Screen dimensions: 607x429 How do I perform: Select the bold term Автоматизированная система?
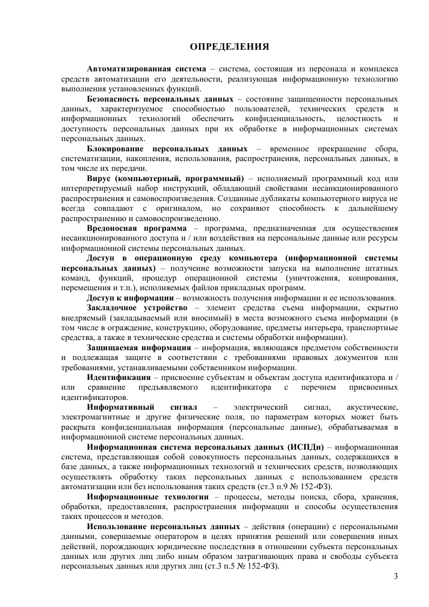(x=146, y=70)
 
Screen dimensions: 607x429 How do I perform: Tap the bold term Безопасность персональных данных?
(x=160, y=99)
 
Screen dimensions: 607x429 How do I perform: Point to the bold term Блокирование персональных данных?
(x=167, y=149)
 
